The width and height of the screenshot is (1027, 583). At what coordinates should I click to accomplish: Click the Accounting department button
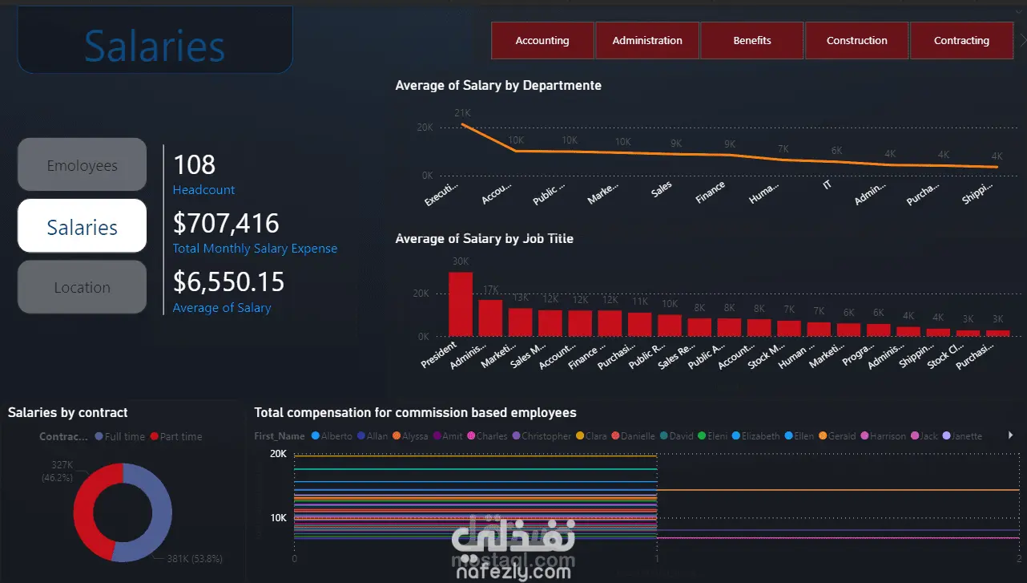542,40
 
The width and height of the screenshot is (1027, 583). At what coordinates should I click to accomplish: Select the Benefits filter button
751,40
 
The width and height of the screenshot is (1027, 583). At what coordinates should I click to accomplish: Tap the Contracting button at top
961,40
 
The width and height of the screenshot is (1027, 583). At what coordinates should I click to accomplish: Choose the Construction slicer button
856,40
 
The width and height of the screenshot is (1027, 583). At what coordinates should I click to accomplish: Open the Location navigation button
82,287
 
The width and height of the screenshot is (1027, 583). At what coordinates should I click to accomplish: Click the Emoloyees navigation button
82,165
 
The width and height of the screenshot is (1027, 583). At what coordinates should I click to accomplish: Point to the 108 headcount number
195,165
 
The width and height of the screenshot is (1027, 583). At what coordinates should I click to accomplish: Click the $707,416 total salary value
226,223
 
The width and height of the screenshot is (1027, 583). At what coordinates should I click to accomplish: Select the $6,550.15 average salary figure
228,281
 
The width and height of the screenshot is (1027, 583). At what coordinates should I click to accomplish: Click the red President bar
460,305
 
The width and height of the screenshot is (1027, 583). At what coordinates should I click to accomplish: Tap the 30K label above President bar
461,261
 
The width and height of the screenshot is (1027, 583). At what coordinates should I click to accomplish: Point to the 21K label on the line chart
462,113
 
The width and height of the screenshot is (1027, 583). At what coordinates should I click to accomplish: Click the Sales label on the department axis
661,190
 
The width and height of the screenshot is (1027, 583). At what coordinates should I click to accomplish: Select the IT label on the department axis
828,185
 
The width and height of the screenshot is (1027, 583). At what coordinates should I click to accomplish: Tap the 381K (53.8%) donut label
195,558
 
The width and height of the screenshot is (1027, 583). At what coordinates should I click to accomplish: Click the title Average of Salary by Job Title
484,238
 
